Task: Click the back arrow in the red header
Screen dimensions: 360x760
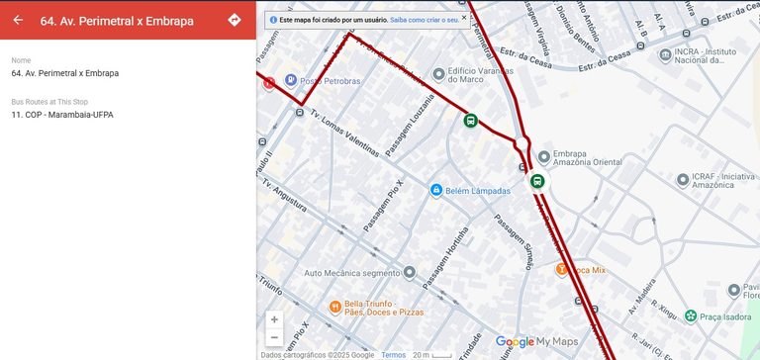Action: [x=18, y=20]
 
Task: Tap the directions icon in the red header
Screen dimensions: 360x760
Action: [x=235, y=20]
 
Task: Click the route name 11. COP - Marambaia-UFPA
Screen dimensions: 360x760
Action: [x=62, y=115]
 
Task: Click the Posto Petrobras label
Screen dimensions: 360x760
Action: [x=330, y=81]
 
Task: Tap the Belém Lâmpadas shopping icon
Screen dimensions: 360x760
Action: [x=434, y=190]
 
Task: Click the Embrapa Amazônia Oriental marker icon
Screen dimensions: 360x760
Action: [x=543, y=155]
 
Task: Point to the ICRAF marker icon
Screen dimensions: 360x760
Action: [x=683, y=180]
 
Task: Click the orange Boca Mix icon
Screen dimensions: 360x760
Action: [x=561, y=268]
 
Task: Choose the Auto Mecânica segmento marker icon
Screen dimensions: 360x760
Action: [x=409, y=273]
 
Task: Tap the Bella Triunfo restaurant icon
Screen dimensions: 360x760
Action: [x=335, y=307]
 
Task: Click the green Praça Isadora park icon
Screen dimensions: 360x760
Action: [x=690, y=315]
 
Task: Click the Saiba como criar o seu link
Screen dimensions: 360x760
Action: [x=424, y=19]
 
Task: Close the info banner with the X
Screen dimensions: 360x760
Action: [x=464, y=17]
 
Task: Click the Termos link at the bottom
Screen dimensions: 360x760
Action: [x=393, y=355]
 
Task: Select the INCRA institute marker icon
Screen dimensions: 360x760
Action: [x=666, y=55]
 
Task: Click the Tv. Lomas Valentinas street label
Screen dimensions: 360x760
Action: [x=344, y=134]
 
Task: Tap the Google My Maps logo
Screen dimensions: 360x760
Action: [x=535, y=341]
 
